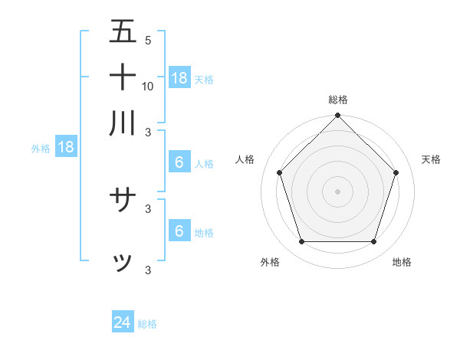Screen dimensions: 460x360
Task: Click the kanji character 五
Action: click(x=123, y=32)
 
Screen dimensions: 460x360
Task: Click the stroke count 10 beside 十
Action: click(x=148, y=86)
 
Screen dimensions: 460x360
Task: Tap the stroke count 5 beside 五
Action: click(x=147, y=40)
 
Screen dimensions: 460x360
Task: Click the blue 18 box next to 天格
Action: click(x=179, y=77)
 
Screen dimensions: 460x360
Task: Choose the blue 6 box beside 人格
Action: click(x=179, y=162)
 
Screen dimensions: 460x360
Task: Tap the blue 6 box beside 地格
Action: click(x=179, y=231)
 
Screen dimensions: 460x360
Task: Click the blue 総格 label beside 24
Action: click(x=147, y=324)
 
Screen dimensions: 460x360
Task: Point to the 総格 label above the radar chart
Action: click(x=338, y=100)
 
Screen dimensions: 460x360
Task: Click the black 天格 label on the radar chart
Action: click(x=432, y=159)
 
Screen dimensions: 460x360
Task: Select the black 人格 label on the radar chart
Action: click(x=245, y=159)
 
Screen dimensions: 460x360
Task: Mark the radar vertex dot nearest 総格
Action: click(x=338, y=117)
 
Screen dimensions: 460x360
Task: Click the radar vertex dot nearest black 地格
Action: click(x=374, y=242)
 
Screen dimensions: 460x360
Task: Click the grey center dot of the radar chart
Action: click(x=338, y=191)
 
